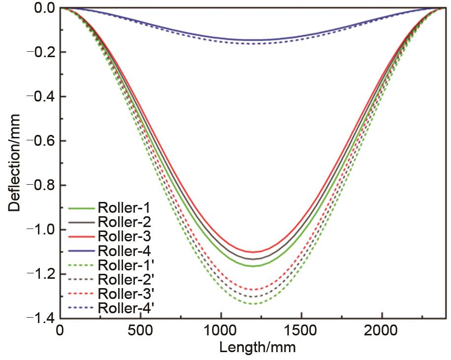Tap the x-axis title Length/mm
258,348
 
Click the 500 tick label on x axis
141,330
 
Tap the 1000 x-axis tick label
222,330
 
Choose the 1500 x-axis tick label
301,330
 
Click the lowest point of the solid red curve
253,252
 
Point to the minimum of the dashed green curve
253,304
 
